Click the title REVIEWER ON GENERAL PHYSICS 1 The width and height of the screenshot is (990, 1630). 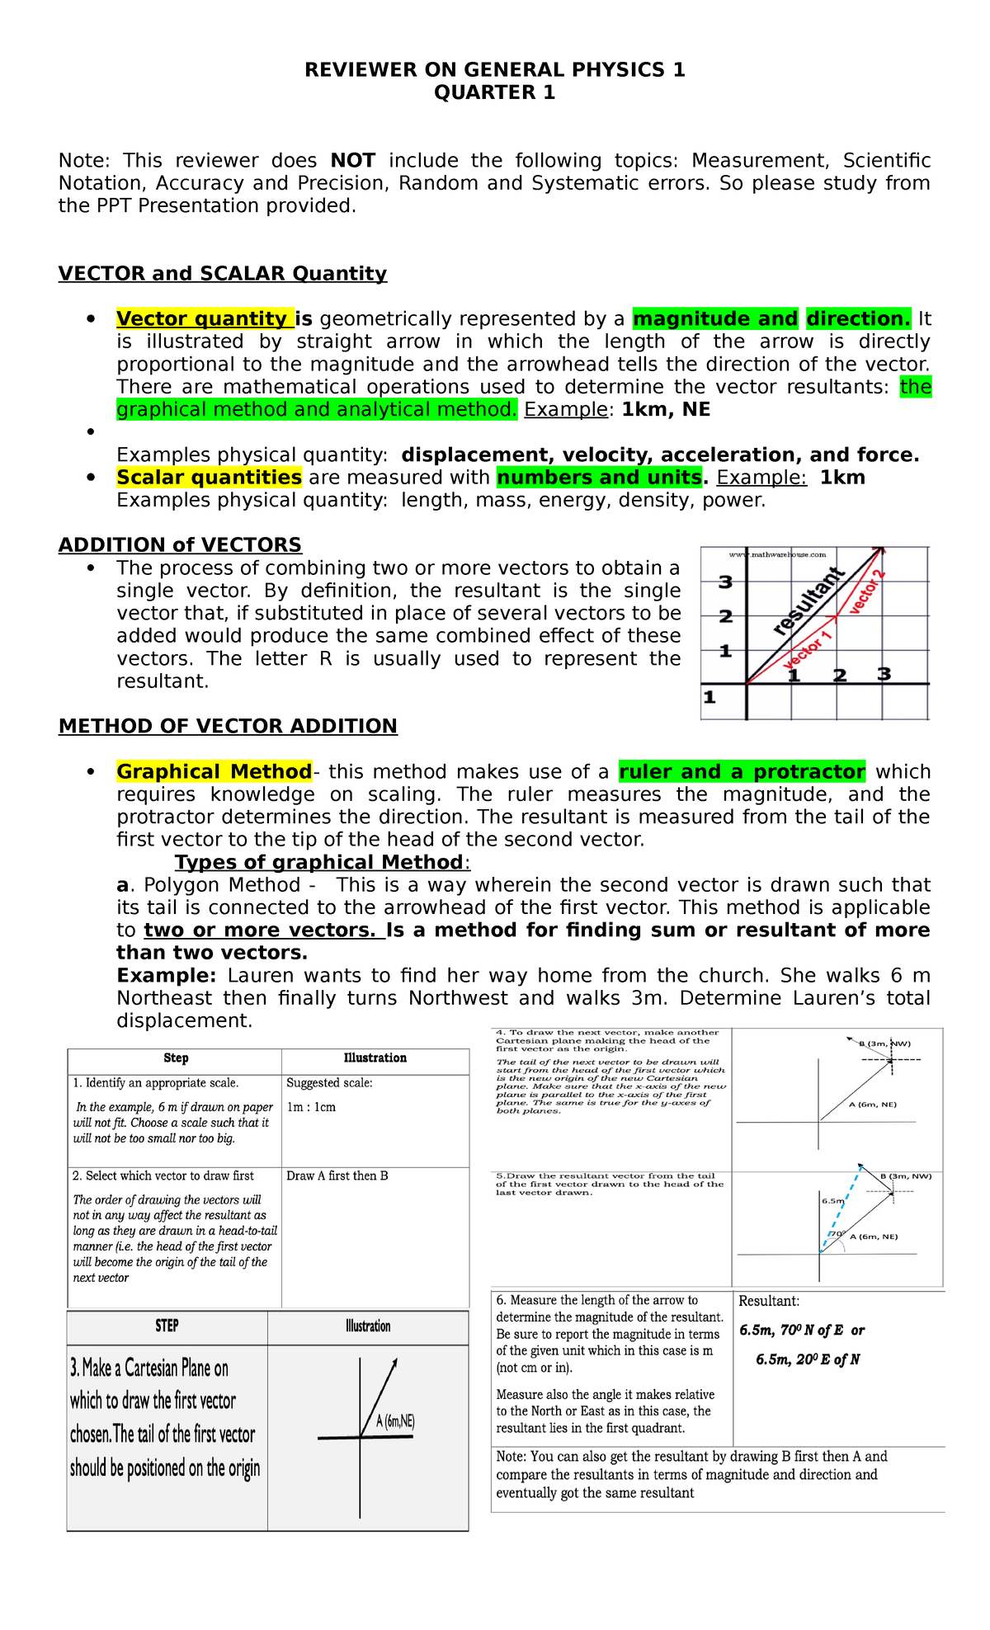(x=494, y=70)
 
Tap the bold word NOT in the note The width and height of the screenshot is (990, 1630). (x=352, y=161)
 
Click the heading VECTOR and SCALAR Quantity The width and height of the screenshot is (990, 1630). (x=222, y=274)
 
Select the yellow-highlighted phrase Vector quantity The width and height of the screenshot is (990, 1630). (x=204, y=319)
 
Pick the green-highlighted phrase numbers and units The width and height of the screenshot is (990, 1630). (x=598, y=478)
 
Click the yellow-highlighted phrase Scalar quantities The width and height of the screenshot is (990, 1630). (x=209, y=478)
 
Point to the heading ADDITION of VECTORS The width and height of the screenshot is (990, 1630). (x=180, y=545)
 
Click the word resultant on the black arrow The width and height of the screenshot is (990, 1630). (x=808, y=601)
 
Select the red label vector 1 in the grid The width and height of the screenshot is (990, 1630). (x=808, y=651)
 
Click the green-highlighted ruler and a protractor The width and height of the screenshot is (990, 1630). (x=742, y=772)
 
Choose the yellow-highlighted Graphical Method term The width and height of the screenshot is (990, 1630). (x=214, y=772)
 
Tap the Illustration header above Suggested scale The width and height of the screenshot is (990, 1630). (x=375, y=1058)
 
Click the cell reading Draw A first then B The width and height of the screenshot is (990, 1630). (x=337, y=1176)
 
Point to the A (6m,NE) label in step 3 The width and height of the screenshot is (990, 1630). (x=395, y=1422)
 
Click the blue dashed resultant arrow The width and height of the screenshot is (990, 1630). (x=840, y=1209)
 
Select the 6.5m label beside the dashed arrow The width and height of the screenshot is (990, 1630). (x=832, y=1201)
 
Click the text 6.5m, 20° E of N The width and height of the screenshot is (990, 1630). (x=808, y=1360)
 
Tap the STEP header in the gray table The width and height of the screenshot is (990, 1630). (x=167, y=1326)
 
